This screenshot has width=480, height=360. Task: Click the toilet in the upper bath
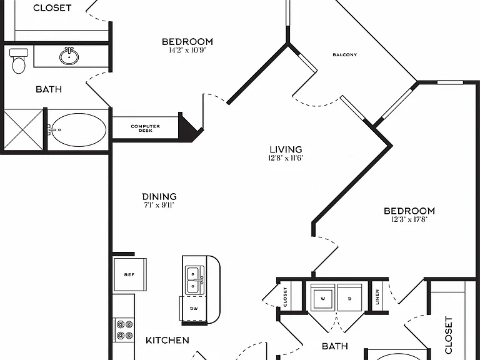click(19, 61)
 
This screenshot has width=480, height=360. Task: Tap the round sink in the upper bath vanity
click(69, 56)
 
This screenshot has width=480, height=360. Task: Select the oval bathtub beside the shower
click(78, 130)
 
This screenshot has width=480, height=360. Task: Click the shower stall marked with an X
click(23, 130)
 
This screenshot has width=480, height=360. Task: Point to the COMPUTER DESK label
click(145, 128)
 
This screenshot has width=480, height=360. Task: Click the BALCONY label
click(345, 55)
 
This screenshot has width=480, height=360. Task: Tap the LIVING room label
click(286, 149)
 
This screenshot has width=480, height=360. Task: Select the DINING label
click(159, 196)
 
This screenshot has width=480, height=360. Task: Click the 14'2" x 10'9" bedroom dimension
click(187, 50)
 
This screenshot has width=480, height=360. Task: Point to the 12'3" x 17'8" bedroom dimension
click(409, 219)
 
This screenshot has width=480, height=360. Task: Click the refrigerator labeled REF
click(130, 274)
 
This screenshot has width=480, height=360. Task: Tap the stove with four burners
click(124, 330)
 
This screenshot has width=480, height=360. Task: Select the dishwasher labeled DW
click(193, 309)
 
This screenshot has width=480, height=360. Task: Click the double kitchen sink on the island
click(195, 281)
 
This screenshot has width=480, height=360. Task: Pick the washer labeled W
click(322, 297)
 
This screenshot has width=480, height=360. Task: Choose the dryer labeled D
click(350, 297)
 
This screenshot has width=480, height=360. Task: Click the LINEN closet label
click(377, 297)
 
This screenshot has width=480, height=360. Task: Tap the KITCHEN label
click(167, 340)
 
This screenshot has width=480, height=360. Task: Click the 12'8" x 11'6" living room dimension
click(286, 158)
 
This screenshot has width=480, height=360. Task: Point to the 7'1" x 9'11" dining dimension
click(159, 205)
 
